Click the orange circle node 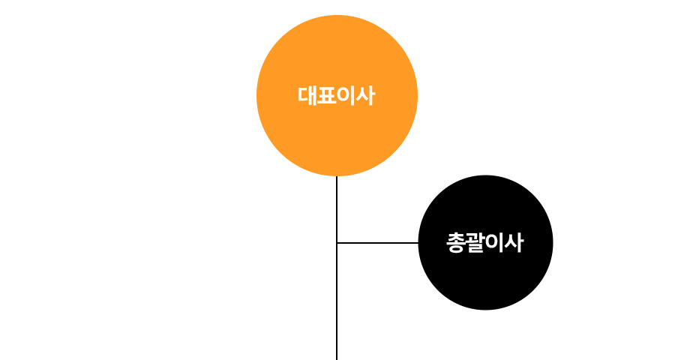(x=337, y=95)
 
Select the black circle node (x=485, y=242)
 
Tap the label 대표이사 (x=337, y=95)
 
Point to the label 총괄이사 (x=484, y=242)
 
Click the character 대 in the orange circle (x=307, y=95)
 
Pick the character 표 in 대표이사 (x=327, y=95)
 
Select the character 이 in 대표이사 (x=346, y=95)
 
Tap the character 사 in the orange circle (x=365, y=95)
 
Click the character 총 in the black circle (x=455, y=243)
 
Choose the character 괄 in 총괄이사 (x=475, y=243)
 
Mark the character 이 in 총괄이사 (x=494, y=242)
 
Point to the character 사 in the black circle (x=514, y=242)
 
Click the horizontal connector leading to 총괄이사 (x=377, y=243)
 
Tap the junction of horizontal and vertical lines (x=337, y=243)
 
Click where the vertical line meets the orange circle (x=337, y=176)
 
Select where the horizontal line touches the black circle (x=418, y=243)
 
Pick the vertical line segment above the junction (x=337, y=209)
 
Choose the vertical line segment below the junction (x=337, y=301)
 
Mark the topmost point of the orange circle (x=337, y=15)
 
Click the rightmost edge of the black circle (x=553, y=242)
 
